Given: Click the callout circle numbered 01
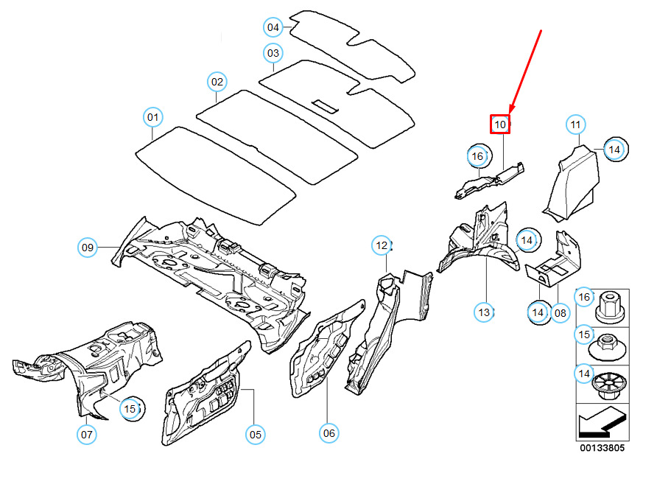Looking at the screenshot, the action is tap(153, 117).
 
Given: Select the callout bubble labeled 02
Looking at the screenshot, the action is tap(217, 82).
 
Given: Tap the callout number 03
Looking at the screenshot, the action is tap(273, 53).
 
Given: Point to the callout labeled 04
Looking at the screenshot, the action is tap(273, 27).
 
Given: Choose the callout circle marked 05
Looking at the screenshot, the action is tap(256, 435).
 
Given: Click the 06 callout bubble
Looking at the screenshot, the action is tap(329, 433).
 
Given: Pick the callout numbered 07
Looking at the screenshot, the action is tap(87, 435).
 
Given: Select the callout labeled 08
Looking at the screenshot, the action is tap(561, 312).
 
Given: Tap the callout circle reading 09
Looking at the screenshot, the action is tap(88, 248).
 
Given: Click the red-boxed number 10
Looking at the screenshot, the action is tap(500, 125).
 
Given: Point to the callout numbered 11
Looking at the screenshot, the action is tap(576, 125).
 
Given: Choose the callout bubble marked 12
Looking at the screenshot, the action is tap(382, 245).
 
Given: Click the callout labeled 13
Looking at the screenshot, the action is tap(484, 312).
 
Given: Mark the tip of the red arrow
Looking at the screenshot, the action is tap(510, 114).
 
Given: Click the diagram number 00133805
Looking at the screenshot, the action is tap(602, 448).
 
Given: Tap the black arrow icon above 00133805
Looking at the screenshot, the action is tap(602, 422).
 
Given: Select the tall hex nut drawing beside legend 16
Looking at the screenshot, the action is tap(610, 306).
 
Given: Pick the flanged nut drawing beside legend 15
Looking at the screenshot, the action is tap(607, 346).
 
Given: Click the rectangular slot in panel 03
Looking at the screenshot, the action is tap(325, 106).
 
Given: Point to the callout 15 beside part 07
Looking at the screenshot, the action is tap(130, 409).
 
